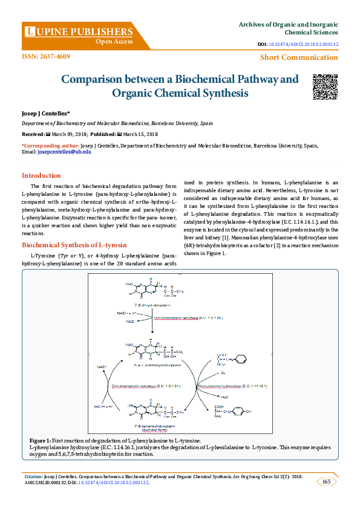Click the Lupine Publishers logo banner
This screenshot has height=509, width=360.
[x=79, y=34]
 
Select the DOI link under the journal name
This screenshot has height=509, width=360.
[x=303, y=44]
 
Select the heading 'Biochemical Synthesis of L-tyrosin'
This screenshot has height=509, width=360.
[x=74, y=245]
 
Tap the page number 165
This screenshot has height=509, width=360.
[x=326, y=482]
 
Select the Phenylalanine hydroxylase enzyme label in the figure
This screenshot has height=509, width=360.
[x=229, y=385]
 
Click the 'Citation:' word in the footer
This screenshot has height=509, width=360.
[x=33, y=476]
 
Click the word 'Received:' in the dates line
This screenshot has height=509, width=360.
[x=33, y=134]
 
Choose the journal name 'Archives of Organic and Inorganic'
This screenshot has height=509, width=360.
[x=289, y=24]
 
